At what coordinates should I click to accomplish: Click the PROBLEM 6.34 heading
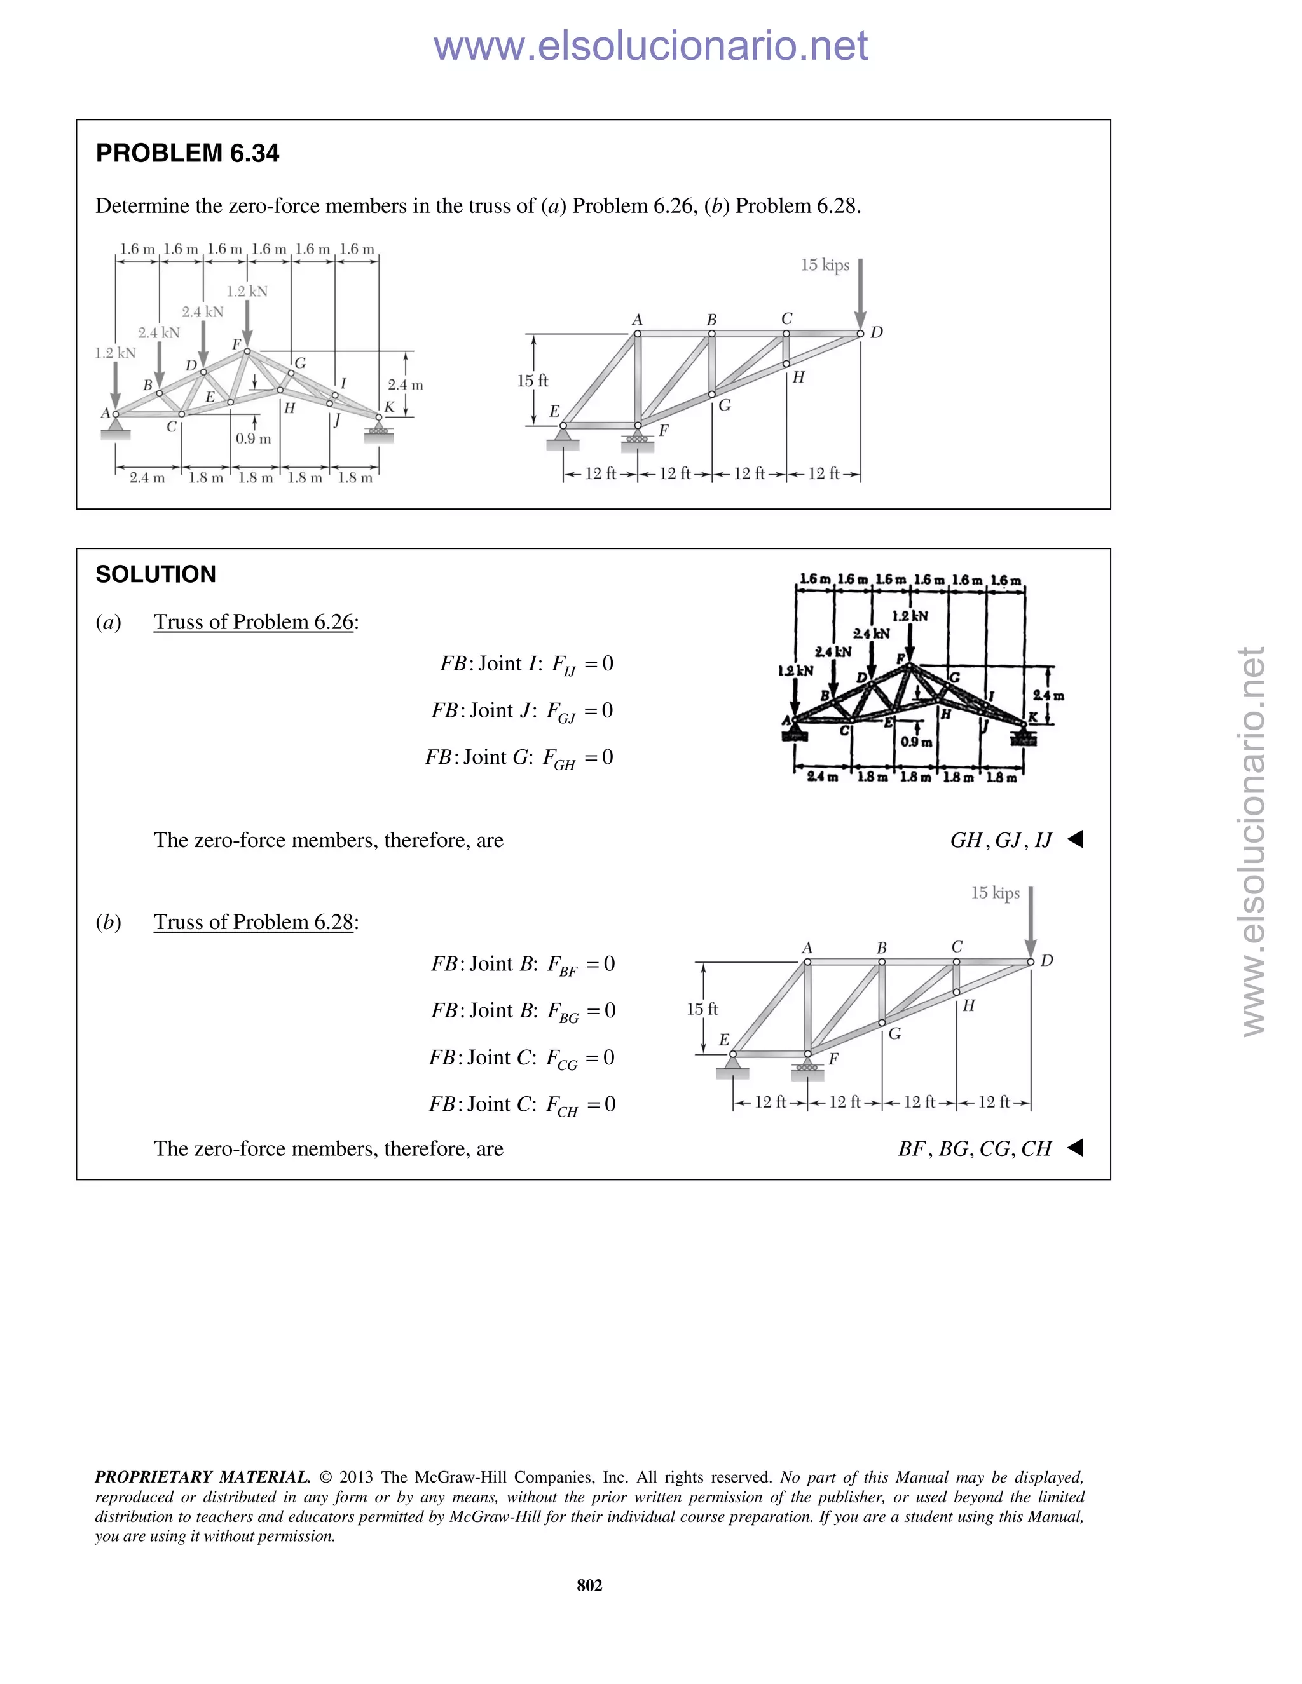[x=187, y=153]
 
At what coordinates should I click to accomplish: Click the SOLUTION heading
[x=155, y=574]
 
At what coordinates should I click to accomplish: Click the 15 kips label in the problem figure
[x=825, y=265]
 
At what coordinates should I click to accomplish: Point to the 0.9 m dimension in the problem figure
[x=253, y=438]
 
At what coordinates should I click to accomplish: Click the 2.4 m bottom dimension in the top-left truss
[x=147, y=478]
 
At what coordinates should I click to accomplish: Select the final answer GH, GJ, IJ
[x=1001, y=841]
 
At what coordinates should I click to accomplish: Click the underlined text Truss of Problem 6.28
[x=253, y=922]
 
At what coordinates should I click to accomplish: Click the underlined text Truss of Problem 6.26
[x=253, y=622]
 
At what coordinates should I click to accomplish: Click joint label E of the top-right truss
[x=554, y=412]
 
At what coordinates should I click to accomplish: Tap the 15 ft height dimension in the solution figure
[x=702, y=1008]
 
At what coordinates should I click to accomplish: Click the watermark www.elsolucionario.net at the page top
[x=650, y=46]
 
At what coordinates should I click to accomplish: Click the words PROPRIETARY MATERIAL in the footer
[x=202, y=1477]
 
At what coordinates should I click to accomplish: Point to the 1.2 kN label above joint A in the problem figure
[x=115, y=353]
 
